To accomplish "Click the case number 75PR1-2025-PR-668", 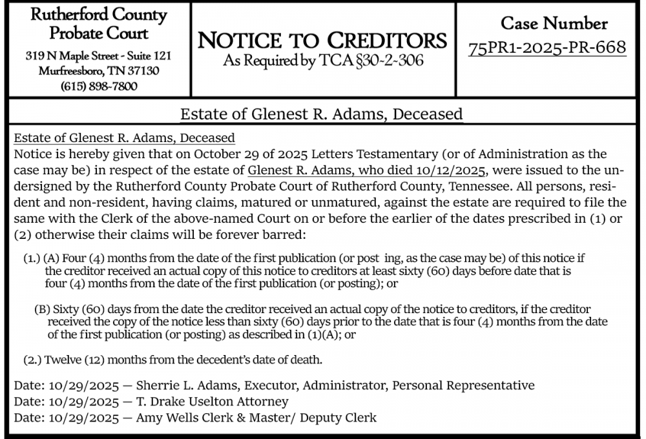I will coord(547,48).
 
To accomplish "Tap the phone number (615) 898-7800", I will coord(99,86).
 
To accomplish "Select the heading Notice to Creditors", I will coord(322,41).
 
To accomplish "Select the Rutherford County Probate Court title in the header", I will coord(99,24).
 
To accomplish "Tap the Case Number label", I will coord(554,23).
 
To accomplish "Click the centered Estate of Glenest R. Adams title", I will coord(322,114).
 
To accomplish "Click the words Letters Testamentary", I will coord(359,154).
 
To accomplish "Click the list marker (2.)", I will coord(33,359).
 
